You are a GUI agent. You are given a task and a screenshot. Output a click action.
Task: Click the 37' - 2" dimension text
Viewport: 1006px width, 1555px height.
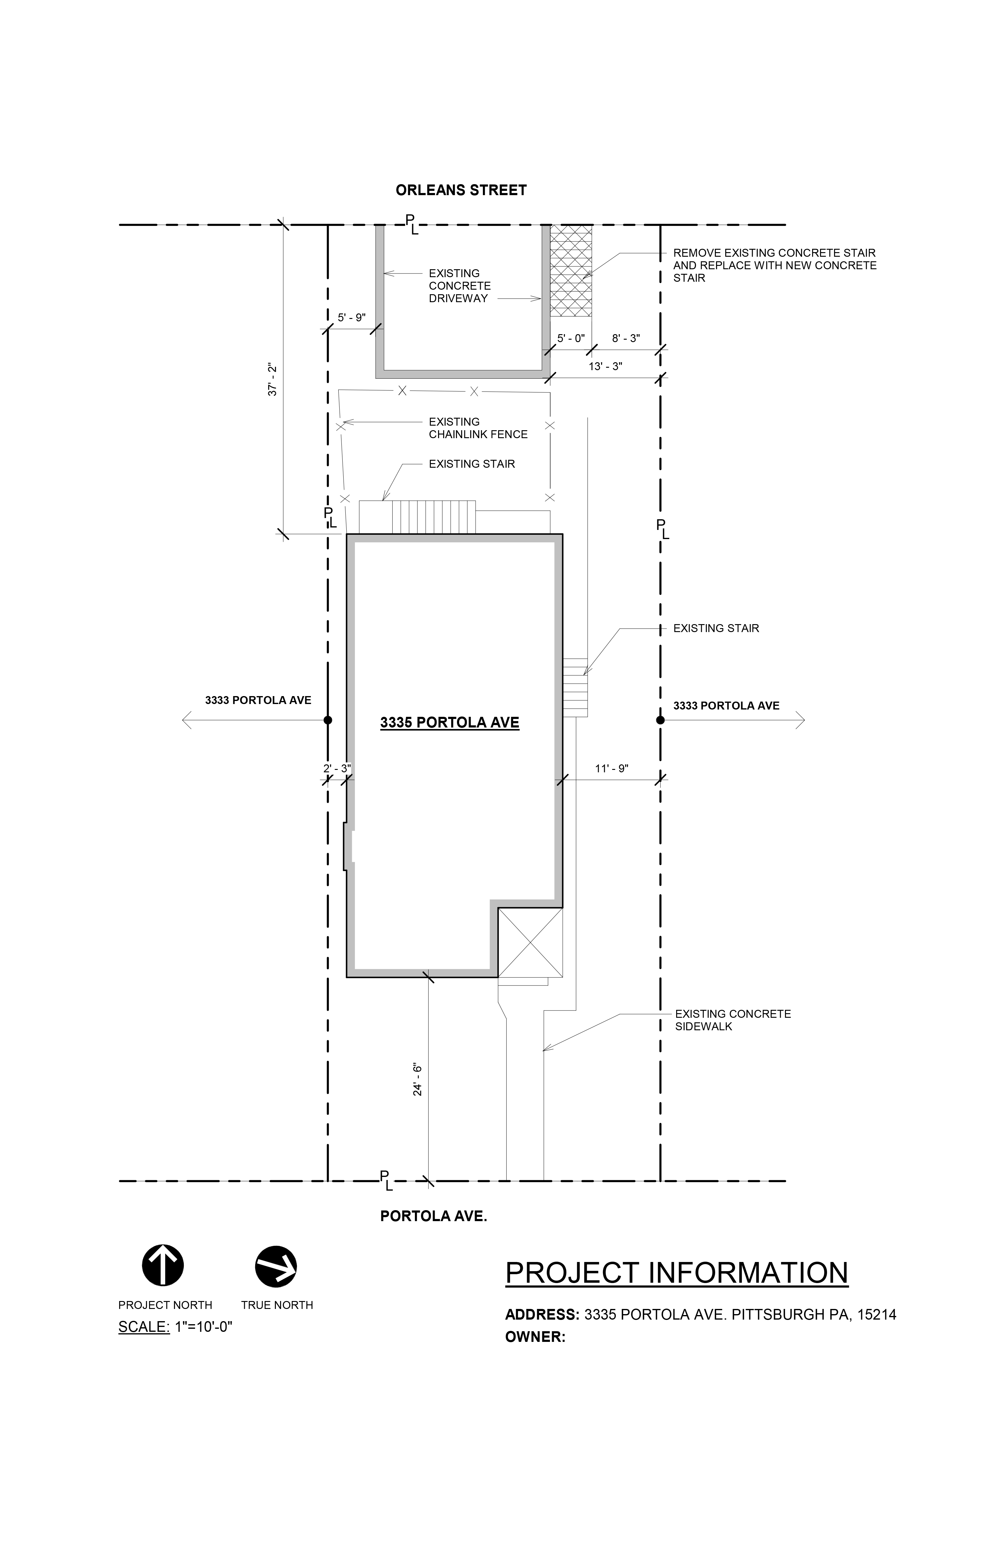pyautogui.click(x=273, y=380)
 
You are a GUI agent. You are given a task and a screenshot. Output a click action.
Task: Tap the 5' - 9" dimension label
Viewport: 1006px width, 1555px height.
pyautogui.click(x=351, y=318)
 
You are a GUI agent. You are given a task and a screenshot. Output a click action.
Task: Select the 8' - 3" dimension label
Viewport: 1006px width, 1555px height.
pyautogui.click(x=626, y=338)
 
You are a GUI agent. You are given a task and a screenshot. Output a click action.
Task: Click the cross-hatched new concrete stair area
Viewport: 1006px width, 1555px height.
pyautogui.click(x=571, y=270)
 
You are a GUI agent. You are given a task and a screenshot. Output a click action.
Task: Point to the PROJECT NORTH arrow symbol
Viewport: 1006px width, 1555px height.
pyautogui.click(x=163, y=1266)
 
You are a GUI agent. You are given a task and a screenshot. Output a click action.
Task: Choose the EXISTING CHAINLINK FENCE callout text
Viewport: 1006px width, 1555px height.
pyautogui.click(x=478, y=428)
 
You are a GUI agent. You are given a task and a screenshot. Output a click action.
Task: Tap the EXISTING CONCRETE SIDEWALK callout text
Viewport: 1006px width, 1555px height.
pyautogui.click(x=733, y=1020)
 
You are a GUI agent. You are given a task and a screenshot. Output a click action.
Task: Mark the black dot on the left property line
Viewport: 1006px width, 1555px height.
pyautogui.click(x=328, y=720)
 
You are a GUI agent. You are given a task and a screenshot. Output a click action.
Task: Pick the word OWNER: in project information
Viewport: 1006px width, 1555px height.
pyautogui.click(x=535, y=1337)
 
